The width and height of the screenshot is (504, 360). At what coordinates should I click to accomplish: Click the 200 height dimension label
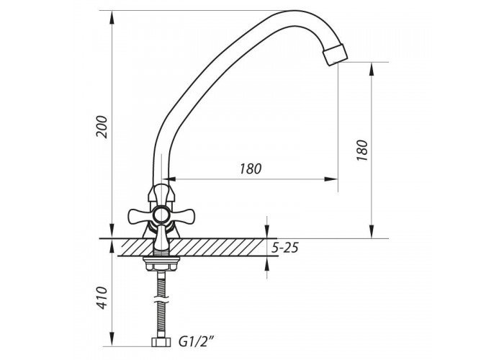[102, 127]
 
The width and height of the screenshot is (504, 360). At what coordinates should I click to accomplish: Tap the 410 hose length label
[102, 298]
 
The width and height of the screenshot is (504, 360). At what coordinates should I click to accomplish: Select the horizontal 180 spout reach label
[251, 168]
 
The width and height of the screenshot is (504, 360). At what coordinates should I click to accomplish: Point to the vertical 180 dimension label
[361, 150]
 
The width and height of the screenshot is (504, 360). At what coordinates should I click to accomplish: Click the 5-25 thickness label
[285, 248]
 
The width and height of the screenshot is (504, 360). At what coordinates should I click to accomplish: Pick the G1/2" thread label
[197, 341]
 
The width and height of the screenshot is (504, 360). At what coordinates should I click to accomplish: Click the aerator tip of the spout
[336, 55]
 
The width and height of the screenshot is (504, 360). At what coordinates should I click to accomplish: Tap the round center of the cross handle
[161, 215]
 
